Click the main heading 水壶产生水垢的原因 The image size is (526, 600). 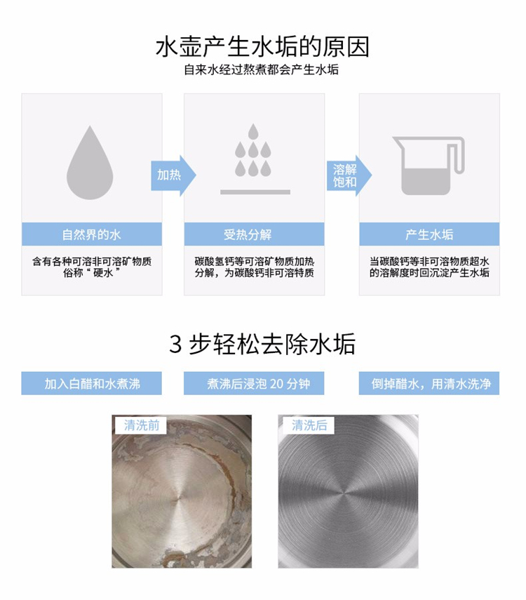point(262,47)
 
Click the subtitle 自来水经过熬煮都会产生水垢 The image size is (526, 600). point(262,69)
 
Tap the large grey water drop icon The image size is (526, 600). point(90,163)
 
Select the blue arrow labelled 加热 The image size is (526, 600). point(173,175)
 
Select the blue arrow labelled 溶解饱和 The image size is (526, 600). point(349,175)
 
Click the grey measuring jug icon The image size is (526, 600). point(429,166)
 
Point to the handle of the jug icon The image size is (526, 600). point(459,155)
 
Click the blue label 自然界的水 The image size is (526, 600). point(92,234)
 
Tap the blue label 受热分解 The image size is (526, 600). point(254,234)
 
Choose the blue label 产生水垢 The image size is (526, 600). point(429,234)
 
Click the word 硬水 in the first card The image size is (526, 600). point(103,273)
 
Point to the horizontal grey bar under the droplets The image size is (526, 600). point(255,192)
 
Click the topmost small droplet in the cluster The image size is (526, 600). point(253,131)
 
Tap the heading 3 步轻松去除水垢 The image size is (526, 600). point(262,344)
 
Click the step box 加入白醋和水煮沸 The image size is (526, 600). point(91,383)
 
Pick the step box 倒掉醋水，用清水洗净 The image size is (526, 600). point(429,383)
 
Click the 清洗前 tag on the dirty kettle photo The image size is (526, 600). point(142,425)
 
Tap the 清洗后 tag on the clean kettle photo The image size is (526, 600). point(309,425)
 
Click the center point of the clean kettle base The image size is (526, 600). point(346,493)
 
